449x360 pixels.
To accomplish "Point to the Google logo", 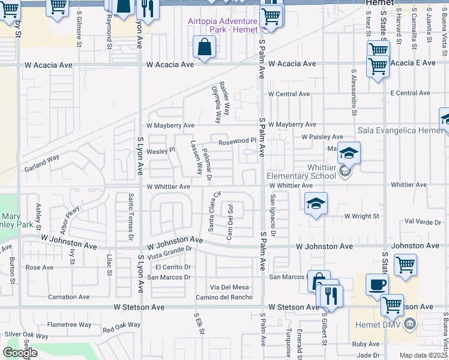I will pyautogui.click(x=20, y=353).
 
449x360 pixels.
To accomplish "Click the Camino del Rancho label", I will pyautogui.click(x=224, y=297).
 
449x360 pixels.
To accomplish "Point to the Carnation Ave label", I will pyautogui.click(x=68, y=297).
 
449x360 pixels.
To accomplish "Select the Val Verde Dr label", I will pyautogui.click(x=423, y=221).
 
